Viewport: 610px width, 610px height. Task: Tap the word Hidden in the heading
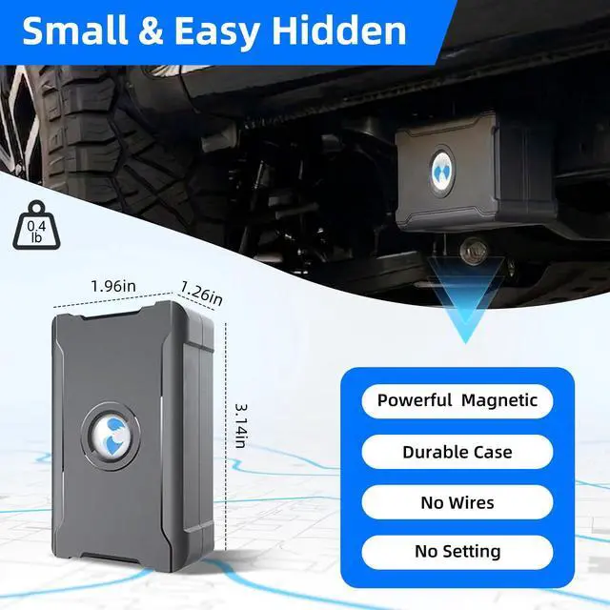point(338,31)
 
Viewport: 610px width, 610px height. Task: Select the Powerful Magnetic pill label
point(457,400)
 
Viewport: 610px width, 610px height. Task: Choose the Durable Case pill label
point(457,452)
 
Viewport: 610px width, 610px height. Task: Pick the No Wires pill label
point(457,502)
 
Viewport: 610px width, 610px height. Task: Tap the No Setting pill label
point(457,552)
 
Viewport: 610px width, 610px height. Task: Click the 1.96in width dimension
point(112,284)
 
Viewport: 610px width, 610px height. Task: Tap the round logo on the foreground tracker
point(111,436)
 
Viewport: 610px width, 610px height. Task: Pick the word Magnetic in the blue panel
point(499,400)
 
